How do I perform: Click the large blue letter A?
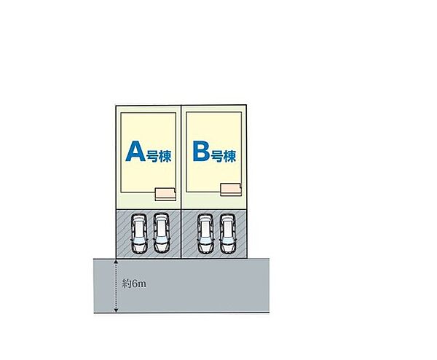point(135,151)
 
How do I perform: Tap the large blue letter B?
point(201,151)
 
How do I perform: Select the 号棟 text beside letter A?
point(159,156)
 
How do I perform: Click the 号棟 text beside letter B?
point(224,156)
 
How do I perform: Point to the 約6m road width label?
point(134,284)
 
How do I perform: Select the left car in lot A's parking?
point(139,233)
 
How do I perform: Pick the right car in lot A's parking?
point(162,233)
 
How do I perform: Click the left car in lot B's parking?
point(205,233)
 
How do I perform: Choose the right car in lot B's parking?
point(227,233)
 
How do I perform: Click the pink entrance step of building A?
point(165,195)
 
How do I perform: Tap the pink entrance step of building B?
point(231,189)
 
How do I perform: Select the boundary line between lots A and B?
point(181,181)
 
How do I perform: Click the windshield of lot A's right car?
point(162,240)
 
